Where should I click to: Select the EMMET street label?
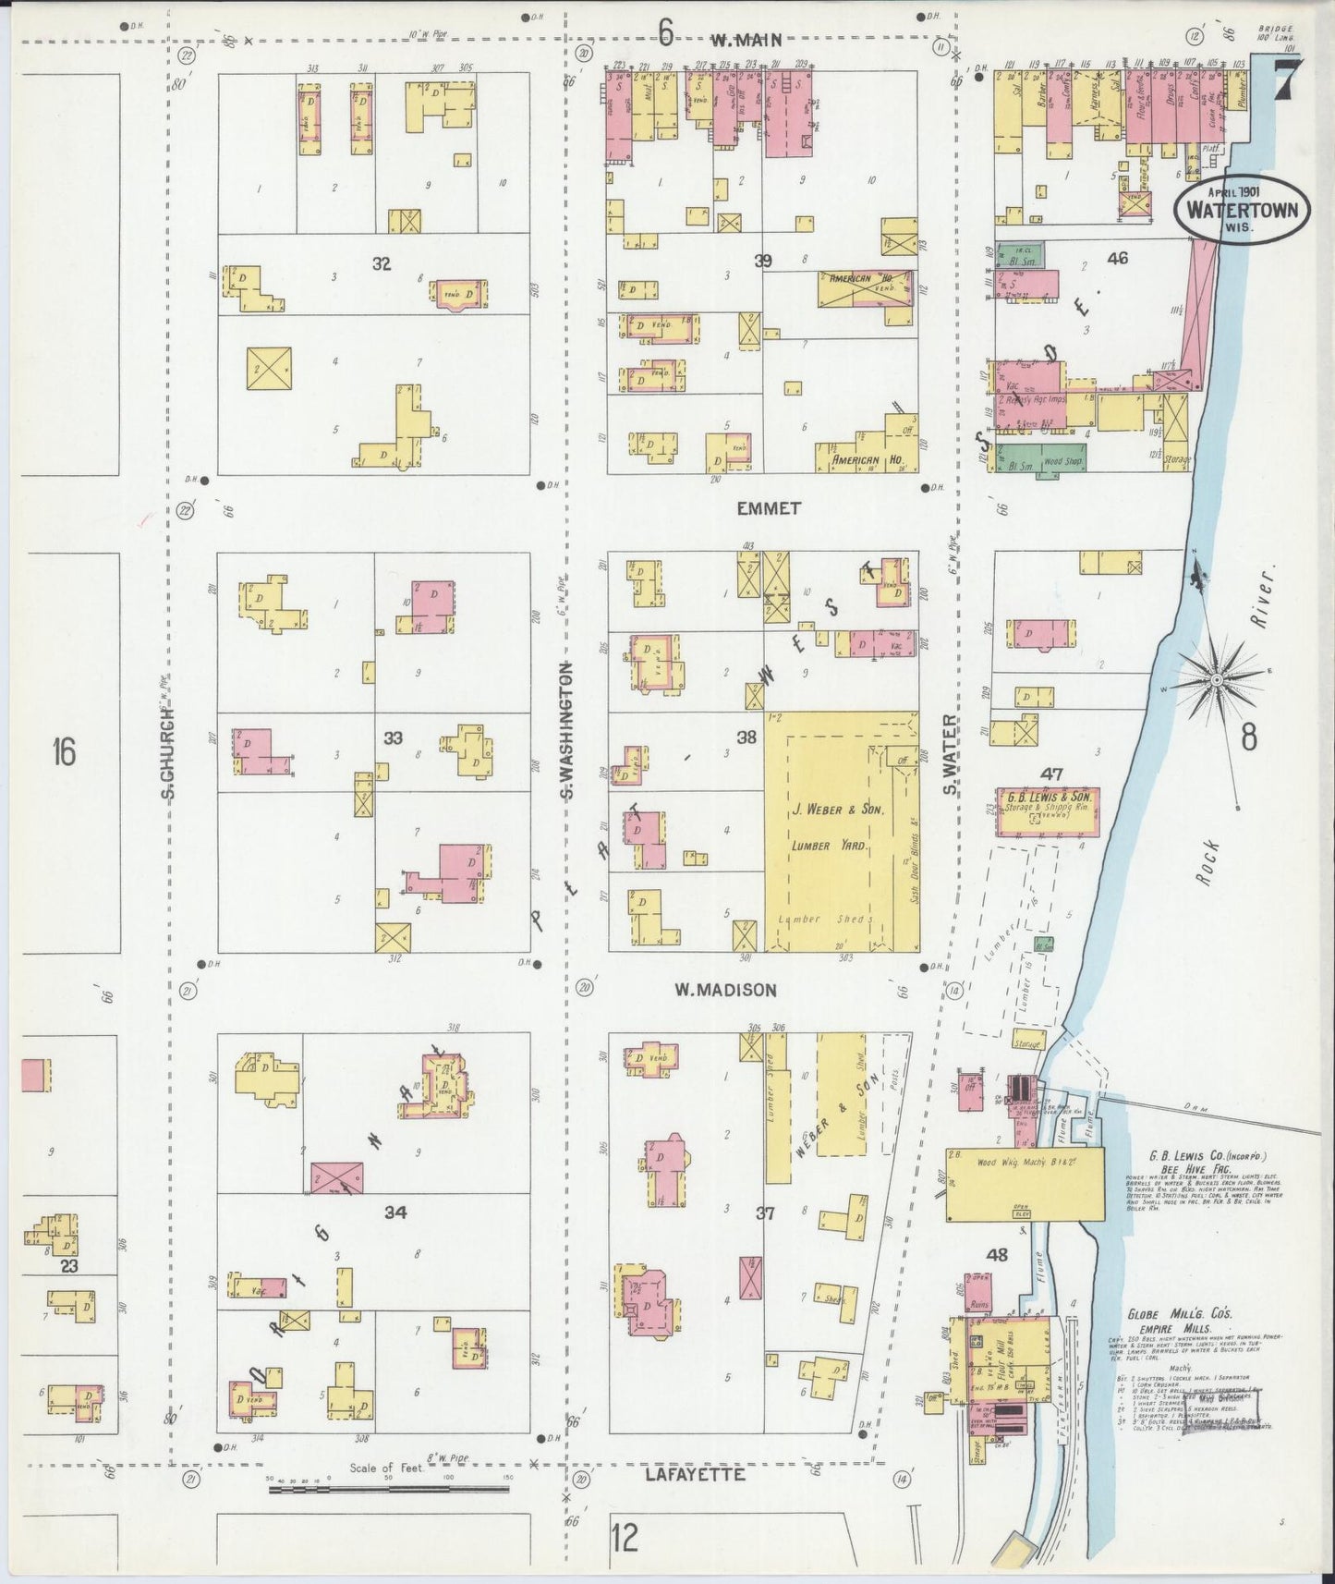tap(769, 508)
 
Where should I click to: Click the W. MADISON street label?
tap(724, 991)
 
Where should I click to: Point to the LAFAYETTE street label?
tap(695, 1475)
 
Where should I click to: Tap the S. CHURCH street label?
tap(168, 752)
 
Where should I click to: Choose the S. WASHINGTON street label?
tap(569, 730)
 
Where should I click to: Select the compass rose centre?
tap(1218, 681)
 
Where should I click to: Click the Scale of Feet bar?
tap(388, 1489)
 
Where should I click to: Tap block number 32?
tap(381, 264)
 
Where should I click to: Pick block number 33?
tap(394, 737)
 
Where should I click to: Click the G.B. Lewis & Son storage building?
tap(1048, 810)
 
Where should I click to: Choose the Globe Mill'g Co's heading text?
tap(1179, 1315)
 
